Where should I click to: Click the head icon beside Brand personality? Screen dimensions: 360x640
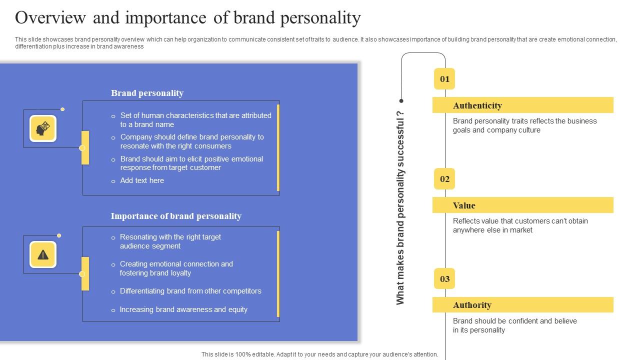[43, 128]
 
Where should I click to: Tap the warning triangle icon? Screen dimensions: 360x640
[43, 254]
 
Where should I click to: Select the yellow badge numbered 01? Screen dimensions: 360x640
[444, 79]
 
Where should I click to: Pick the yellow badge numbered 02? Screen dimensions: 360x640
[444, 179]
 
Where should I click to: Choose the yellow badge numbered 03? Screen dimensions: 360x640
[444, 279]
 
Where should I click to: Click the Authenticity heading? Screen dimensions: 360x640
[477, 105]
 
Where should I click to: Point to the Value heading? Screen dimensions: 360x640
[464, 205]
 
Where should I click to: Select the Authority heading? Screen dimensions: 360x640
[472, 305]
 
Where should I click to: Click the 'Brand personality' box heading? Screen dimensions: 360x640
[147, 93]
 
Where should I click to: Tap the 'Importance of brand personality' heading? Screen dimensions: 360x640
[176, 216]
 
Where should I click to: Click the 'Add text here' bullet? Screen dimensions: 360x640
[142, 180]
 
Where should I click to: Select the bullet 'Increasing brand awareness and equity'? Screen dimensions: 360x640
[183, 309]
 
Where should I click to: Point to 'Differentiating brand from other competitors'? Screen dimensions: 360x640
[190, 291]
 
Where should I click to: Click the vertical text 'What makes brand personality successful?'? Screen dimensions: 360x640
[400, 207]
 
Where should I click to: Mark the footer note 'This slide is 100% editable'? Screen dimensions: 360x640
[319, 354]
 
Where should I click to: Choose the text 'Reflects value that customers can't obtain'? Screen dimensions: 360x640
[520, 221]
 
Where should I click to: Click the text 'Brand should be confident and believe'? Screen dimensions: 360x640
[514, 321]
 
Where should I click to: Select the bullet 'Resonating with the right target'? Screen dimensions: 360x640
[170, 237]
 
